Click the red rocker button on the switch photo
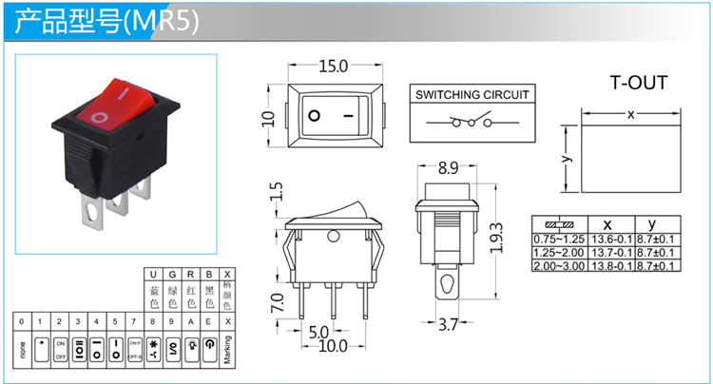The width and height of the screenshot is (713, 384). [x=114, y=102]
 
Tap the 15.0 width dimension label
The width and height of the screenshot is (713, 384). [x=333, y=67]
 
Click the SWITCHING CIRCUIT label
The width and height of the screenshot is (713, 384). [x=472, y=94]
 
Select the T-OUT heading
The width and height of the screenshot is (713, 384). [x=638, y=83]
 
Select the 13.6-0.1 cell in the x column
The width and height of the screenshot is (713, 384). [x=611, y=239]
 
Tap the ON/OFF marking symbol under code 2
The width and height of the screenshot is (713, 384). [x=60, y=345]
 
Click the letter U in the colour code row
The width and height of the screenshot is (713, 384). [x=154, y=274]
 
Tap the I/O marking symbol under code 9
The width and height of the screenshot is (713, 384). [x=172, y=345]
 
